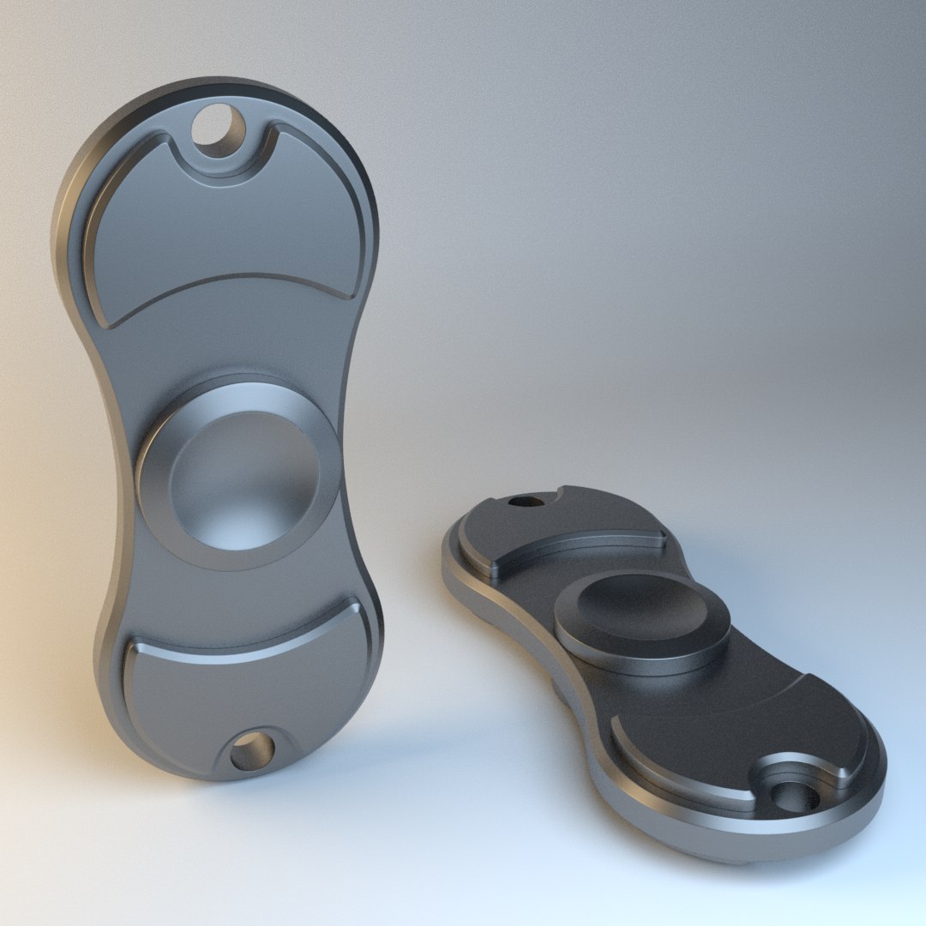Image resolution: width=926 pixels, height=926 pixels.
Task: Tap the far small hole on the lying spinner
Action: [520, 501]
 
